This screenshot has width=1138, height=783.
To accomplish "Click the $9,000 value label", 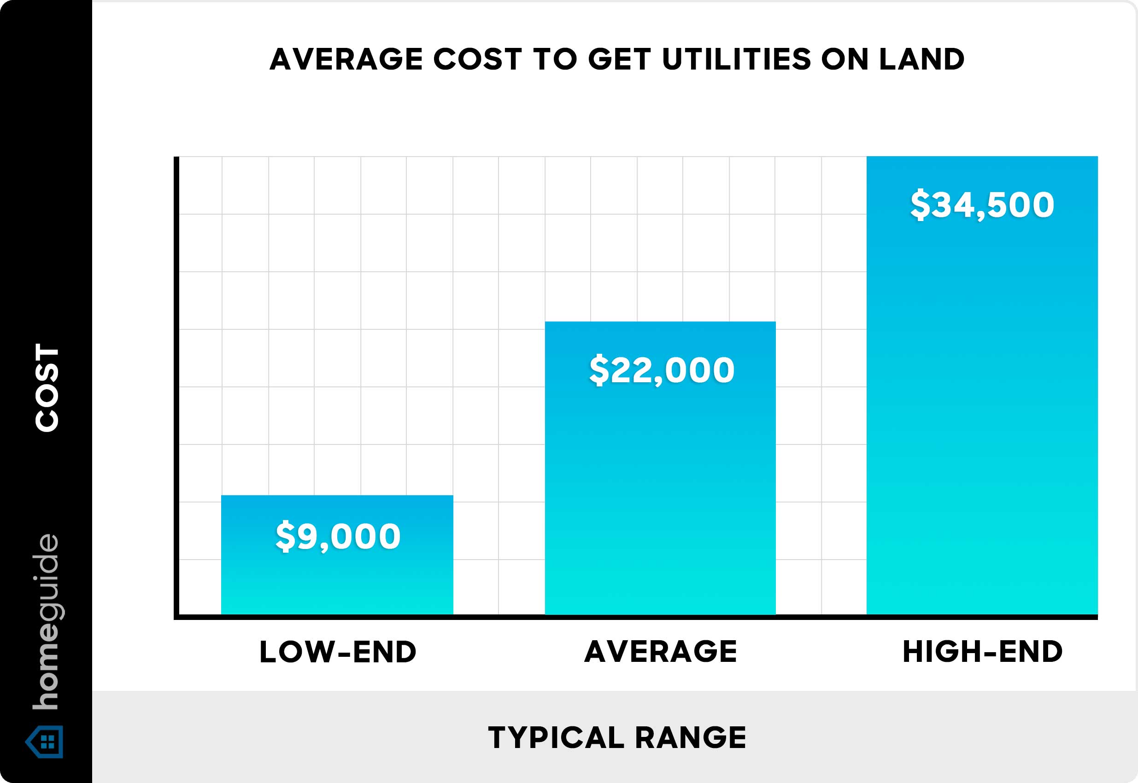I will tap(338, 536).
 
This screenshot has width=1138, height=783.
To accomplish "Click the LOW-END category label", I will tap(338, 652).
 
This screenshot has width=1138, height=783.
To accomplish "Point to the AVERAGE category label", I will tap(661, 652).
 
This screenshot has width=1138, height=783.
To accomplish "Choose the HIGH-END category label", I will tap(982, 652).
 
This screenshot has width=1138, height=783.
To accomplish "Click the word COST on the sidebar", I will tap(47, 387).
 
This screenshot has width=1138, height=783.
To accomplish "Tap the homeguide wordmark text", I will tap(46, 622).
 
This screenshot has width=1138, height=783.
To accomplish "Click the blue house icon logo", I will tap(45, 742).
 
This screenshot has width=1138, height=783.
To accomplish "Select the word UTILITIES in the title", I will tap(737, 59).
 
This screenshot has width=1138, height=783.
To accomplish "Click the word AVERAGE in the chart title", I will tap(346, 59).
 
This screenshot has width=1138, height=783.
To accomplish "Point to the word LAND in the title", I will tap(921, 59).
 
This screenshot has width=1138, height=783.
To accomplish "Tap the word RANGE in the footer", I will tap(691, 737).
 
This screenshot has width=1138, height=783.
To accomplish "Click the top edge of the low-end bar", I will tap(337, 496).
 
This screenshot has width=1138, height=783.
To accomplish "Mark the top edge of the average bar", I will tap(660, 322).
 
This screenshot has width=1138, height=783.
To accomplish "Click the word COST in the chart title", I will tap(477, 59).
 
